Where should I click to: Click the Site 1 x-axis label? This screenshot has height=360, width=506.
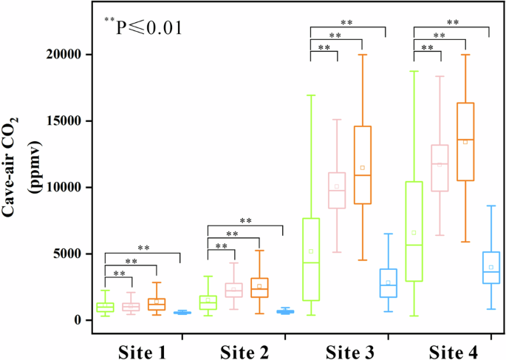(143, 347)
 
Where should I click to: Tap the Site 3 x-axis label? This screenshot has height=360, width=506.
(349, 347)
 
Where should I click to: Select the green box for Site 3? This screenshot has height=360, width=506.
(311, 259)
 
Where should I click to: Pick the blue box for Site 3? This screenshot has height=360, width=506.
(388, 283)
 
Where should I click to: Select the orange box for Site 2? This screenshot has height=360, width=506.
(259, 288)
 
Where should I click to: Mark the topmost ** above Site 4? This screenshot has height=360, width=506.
(453, 23)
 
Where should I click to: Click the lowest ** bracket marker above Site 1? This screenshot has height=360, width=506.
(119, 274)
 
